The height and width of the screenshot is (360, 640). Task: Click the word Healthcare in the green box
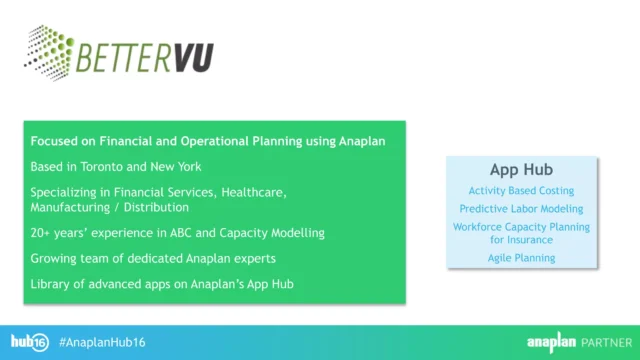251,190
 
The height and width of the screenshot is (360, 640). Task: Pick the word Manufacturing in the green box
72,207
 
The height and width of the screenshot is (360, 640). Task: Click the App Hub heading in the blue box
521,169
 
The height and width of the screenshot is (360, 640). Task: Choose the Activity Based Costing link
521,190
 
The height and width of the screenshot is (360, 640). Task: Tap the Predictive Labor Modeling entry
521,209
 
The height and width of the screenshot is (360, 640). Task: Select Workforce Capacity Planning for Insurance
521,233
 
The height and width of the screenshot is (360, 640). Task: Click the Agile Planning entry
521,258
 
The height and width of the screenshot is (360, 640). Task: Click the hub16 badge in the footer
30,341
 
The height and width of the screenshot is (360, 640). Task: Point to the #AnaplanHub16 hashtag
103,342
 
